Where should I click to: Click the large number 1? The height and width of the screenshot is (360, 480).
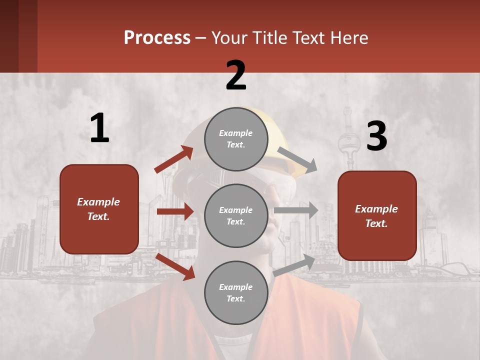(x=99, y=128)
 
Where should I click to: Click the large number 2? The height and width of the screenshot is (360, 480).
(x=236, y=75)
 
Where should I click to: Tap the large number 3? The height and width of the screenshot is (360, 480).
(x=376, y=136)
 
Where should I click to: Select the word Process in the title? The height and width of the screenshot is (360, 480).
(x=157, y=37)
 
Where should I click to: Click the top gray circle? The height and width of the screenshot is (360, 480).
(x=236, y=139)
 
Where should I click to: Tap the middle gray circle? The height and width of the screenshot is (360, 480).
(x=236, y=215)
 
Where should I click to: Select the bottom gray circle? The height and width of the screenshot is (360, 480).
(x=236, y=292)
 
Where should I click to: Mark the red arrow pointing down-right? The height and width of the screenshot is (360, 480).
(x=175, y=266)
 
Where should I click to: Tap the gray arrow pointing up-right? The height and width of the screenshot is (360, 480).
(x=294, y=264)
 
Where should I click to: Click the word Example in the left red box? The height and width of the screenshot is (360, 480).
(x=98, y=202)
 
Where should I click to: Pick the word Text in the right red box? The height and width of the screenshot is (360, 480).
(x=376, y=223)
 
